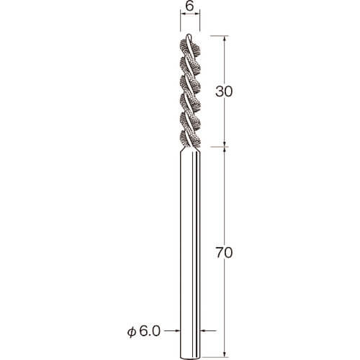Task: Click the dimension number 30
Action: point(224,91)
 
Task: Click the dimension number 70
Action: point(224,253)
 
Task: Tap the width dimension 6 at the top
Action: point(189,6)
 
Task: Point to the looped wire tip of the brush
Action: point(189,37)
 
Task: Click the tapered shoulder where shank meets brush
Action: point(190,149)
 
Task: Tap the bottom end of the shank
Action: point(190,358)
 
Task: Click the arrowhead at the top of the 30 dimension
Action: point(225,39)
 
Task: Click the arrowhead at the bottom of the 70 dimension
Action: point(225,354)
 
